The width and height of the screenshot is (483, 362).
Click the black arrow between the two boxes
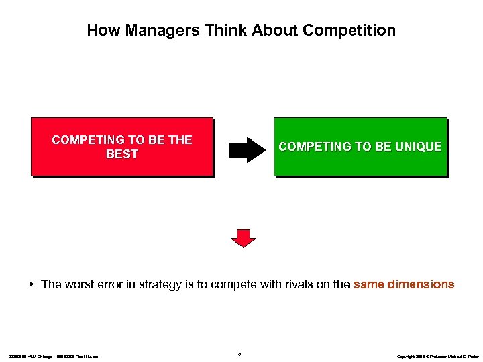(247, 149)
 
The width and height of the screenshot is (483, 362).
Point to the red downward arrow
(244, 237)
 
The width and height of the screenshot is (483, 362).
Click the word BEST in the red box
(122, 154)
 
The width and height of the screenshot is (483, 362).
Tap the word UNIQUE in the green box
(419, 147)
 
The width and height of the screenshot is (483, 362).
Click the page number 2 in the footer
(240, 355)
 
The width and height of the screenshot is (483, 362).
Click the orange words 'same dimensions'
(403, 284)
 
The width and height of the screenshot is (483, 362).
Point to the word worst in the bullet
(79, 284)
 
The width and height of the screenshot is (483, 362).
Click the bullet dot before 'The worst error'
(32, 284)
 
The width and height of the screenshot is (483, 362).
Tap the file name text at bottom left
(53, 356)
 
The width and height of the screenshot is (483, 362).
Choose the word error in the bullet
(112, 284)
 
